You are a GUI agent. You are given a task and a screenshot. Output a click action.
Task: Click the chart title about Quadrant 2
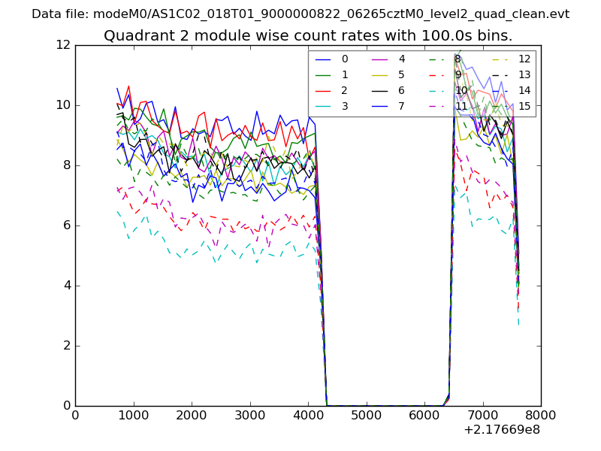pos(308,35)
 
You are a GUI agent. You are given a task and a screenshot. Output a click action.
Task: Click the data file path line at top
pos(300,14)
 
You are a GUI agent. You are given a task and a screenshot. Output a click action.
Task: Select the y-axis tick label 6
pos(66,225)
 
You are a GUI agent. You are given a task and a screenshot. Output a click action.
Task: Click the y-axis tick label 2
pos(66,346)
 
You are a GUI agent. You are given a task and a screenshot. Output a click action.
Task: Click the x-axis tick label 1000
pos(133,414)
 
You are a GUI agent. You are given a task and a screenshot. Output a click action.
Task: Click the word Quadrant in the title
pos(136,35)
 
